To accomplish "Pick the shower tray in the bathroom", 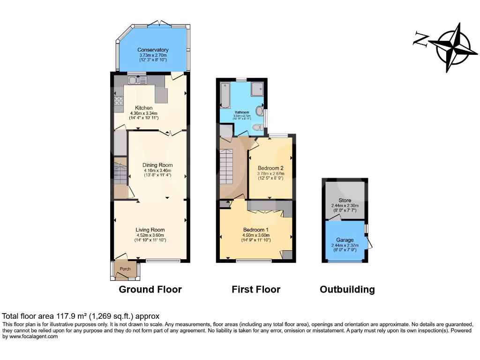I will click(258, 89).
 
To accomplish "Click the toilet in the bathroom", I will click(256, 127).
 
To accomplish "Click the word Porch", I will click(125, 269).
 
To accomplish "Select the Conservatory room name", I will click(153, 50).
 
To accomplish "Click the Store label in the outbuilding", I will click(345, 201).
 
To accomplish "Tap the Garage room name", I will click(345, 240).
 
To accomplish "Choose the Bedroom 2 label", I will click(270, 168).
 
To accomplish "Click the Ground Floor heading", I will click(150, 289).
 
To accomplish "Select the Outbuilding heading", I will click(347, 289).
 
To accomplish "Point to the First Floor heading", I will click(256, 289).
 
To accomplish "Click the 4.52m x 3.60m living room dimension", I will click(150, 235).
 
